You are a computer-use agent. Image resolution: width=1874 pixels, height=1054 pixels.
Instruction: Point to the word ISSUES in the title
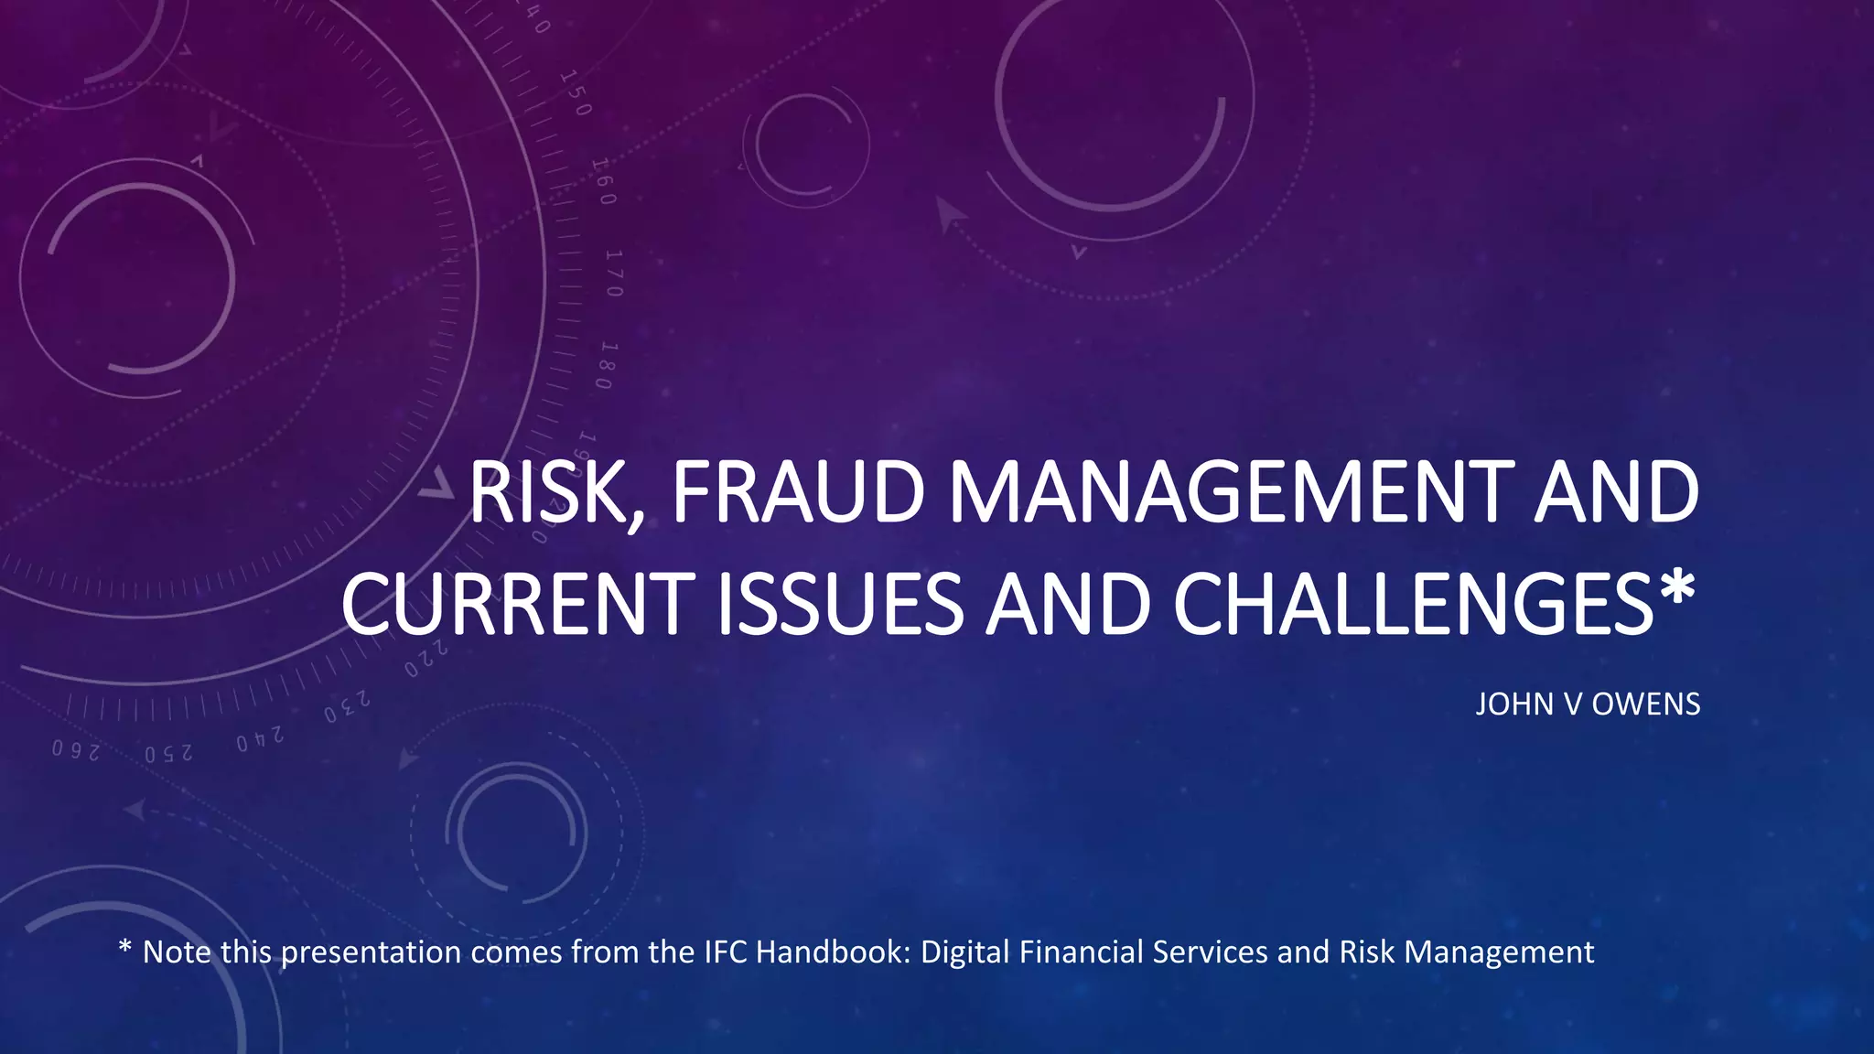840,604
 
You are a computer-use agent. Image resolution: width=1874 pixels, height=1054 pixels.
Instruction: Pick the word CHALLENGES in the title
1413,604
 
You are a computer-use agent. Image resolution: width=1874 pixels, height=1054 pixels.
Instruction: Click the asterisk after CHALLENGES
1676,590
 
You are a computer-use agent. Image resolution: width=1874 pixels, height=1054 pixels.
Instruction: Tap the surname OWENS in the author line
1646,704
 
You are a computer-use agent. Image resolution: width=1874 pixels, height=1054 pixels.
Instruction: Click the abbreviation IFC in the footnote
727,952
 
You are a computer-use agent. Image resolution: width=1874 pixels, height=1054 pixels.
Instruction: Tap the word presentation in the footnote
371,953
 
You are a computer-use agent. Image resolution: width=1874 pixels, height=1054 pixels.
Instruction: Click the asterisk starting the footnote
125,950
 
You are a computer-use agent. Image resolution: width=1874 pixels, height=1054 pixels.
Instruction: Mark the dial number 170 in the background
614,273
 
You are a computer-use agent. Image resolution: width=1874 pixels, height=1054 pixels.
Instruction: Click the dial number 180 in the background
605,365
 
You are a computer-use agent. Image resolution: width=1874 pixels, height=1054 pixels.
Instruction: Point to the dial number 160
603,181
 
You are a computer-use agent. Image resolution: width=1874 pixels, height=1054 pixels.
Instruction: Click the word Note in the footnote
178,952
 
